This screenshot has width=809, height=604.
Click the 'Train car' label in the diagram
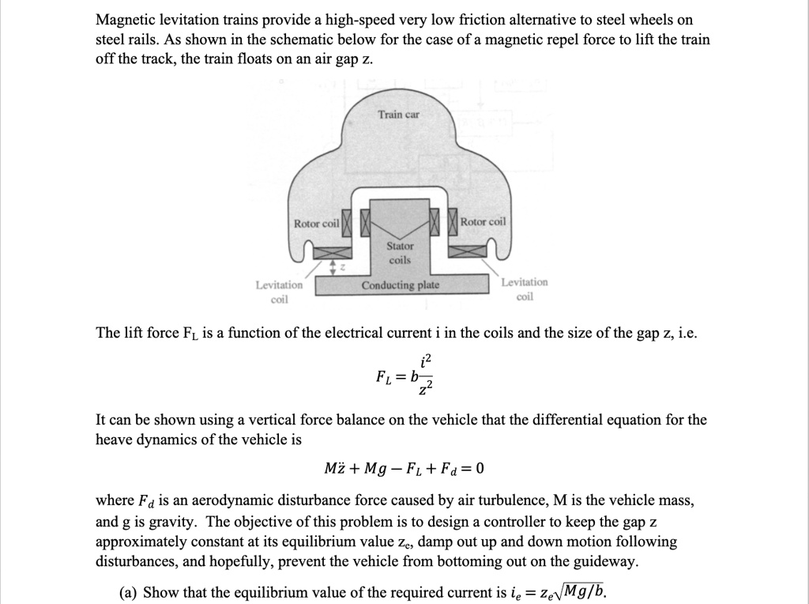click(399, 115)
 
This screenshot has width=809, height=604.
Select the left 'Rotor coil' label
click(316, 224)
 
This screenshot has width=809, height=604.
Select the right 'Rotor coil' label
click(484, 222)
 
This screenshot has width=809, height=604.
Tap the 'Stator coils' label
click(400, 253)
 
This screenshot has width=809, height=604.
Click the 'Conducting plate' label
click(400, 285)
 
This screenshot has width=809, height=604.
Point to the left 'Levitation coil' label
click(279, 292)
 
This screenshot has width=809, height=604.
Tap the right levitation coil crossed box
click(469, 251)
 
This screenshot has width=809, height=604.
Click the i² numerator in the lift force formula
click(427, 361)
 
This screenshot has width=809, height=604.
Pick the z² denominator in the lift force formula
click(427, 387)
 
